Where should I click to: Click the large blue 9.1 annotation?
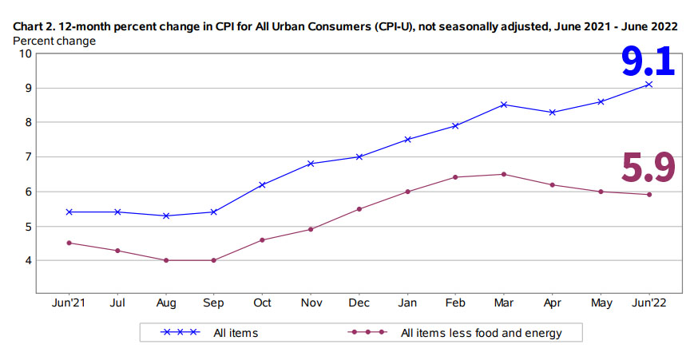[648, 61]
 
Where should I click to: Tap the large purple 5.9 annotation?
[648, 166]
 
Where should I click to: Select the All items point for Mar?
[504, 105]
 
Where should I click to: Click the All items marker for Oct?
[262, 184]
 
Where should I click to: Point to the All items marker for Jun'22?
[648, 84]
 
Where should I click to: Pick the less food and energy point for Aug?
[165, 260]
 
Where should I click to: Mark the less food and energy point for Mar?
[504, 174]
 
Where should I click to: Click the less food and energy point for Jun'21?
[69, 243]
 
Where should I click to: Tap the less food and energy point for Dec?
[359, 209]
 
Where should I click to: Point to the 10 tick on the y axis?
[26, 53]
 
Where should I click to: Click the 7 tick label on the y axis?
[28, 157]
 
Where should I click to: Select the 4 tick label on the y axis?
[28, 261]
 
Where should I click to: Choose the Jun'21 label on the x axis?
[69, 303]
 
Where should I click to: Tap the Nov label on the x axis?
[311, 303]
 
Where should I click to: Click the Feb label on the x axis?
[455, 303]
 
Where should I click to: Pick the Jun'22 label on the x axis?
[648, 303]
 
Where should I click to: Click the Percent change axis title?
[54, 40]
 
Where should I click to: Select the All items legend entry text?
[236, 333]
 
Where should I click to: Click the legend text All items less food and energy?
[481, 333]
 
